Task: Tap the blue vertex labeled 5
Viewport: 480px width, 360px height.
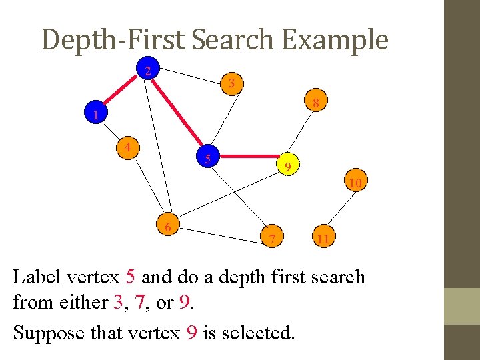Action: point(209,157)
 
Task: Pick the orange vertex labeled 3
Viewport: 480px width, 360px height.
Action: point(231,83)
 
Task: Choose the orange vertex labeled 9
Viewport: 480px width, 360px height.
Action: point(287,165)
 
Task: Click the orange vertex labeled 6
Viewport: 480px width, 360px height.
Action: point(168,226)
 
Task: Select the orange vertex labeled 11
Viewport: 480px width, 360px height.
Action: point(323,237)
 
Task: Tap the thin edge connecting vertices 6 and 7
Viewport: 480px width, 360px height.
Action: point(220,233)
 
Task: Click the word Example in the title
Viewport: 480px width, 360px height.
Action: point(334,40)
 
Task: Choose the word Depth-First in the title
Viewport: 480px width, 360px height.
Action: point(113,40)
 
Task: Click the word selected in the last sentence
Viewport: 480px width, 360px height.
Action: point(257,331)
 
